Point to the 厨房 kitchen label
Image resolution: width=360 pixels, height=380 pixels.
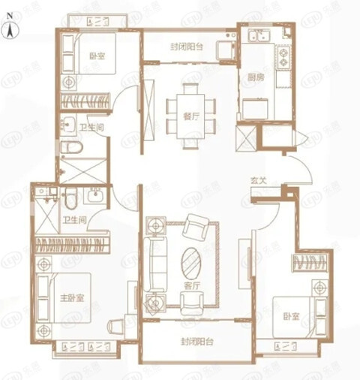pos(254,77)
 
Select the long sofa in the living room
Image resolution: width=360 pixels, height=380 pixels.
pos(158,259)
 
